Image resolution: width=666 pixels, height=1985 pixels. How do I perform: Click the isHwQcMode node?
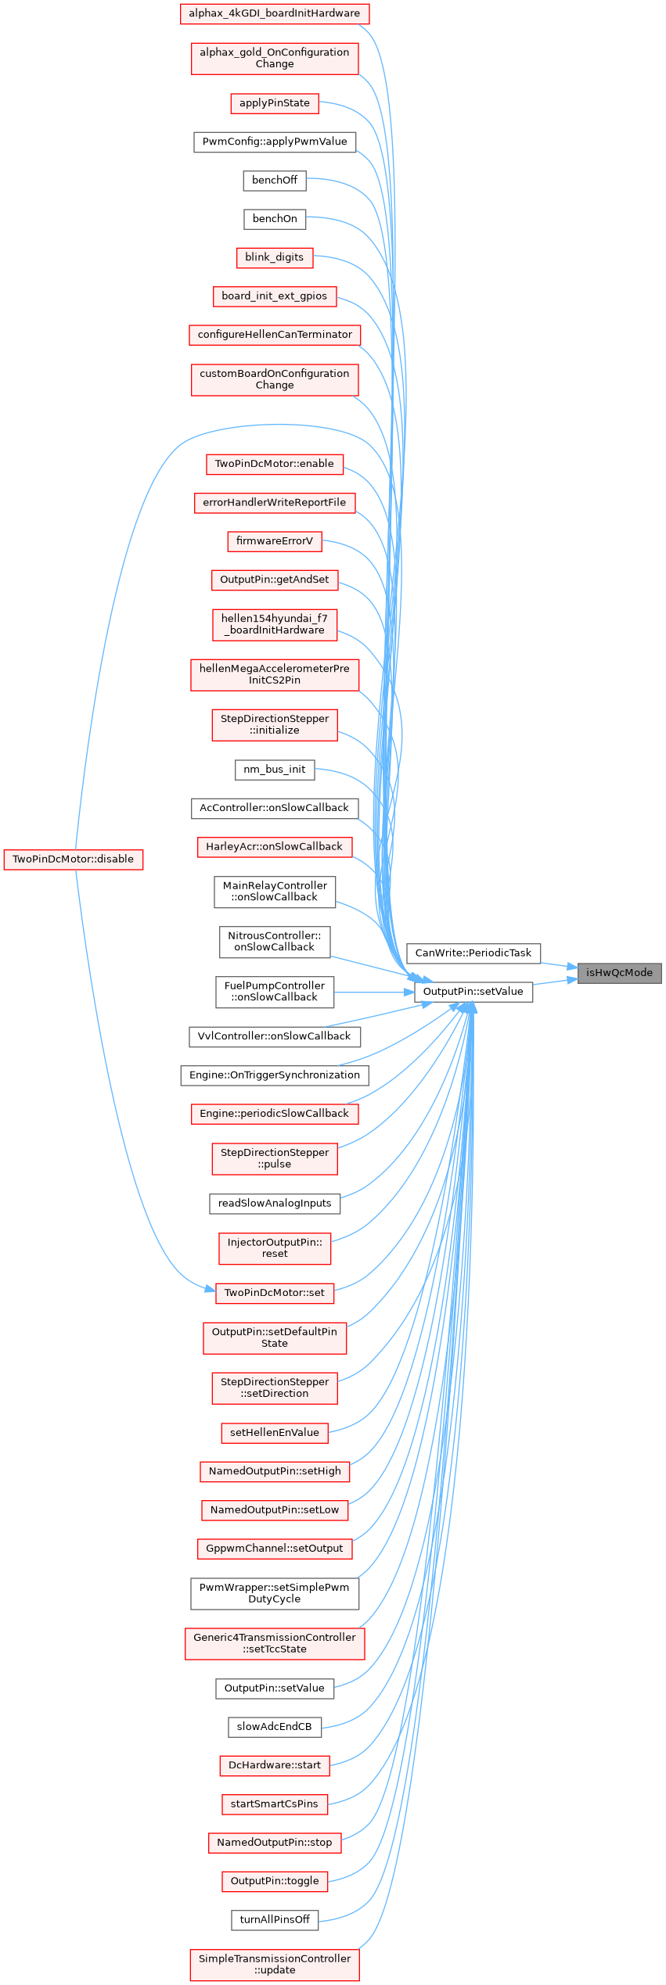click(619, 973)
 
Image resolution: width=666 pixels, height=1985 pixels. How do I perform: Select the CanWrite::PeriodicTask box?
click(473, 953)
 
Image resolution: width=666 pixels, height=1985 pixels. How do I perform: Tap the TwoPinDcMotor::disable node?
click(73, 859)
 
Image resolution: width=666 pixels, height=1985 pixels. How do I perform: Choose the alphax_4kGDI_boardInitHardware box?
click(274, 13)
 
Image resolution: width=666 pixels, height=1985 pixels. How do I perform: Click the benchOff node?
click(274, 180)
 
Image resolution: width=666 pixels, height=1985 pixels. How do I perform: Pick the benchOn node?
click(274, 218)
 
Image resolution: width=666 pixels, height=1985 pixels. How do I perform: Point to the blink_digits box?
click(274, 257)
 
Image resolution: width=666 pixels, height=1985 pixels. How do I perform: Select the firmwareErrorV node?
click(274, 540)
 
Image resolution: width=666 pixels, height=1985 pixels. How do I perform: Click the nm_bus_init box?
click(274, 769)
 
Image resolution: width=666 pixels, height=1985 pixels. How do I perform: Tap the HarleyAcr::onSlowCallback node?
click(274, 846)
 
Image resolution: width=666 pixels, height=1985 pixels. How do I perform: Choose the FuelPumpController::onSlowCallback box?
click(274, 991)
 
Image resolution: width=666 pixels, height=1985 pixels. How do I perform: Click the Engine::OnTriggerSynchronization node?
click(274, 1075)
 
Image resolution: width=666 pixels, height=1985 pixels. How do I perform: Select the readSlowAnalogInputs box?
click(274, 1203)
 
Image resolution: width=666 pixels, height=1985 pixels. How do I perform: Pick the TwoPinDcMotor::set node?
click(274, 1292)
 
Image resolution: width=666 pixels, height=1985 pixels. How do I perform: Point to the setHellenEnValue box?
click(274, 1432)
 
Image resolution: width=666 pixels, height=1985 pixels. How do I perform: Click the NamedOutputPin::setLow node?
click(274, 1509)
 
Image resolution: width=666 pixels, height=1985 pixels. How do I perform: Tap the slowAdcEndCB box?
click(274, 1726)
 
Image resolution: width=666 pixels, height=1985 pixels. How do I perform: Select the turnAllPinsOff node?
click(274, 1919)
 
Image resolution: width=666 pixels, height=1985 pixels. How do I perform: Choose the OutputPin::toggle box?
click(274, 1880)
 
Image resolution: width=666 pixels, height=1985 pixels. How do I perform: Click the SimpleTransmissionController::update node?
click(274, 1964)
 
